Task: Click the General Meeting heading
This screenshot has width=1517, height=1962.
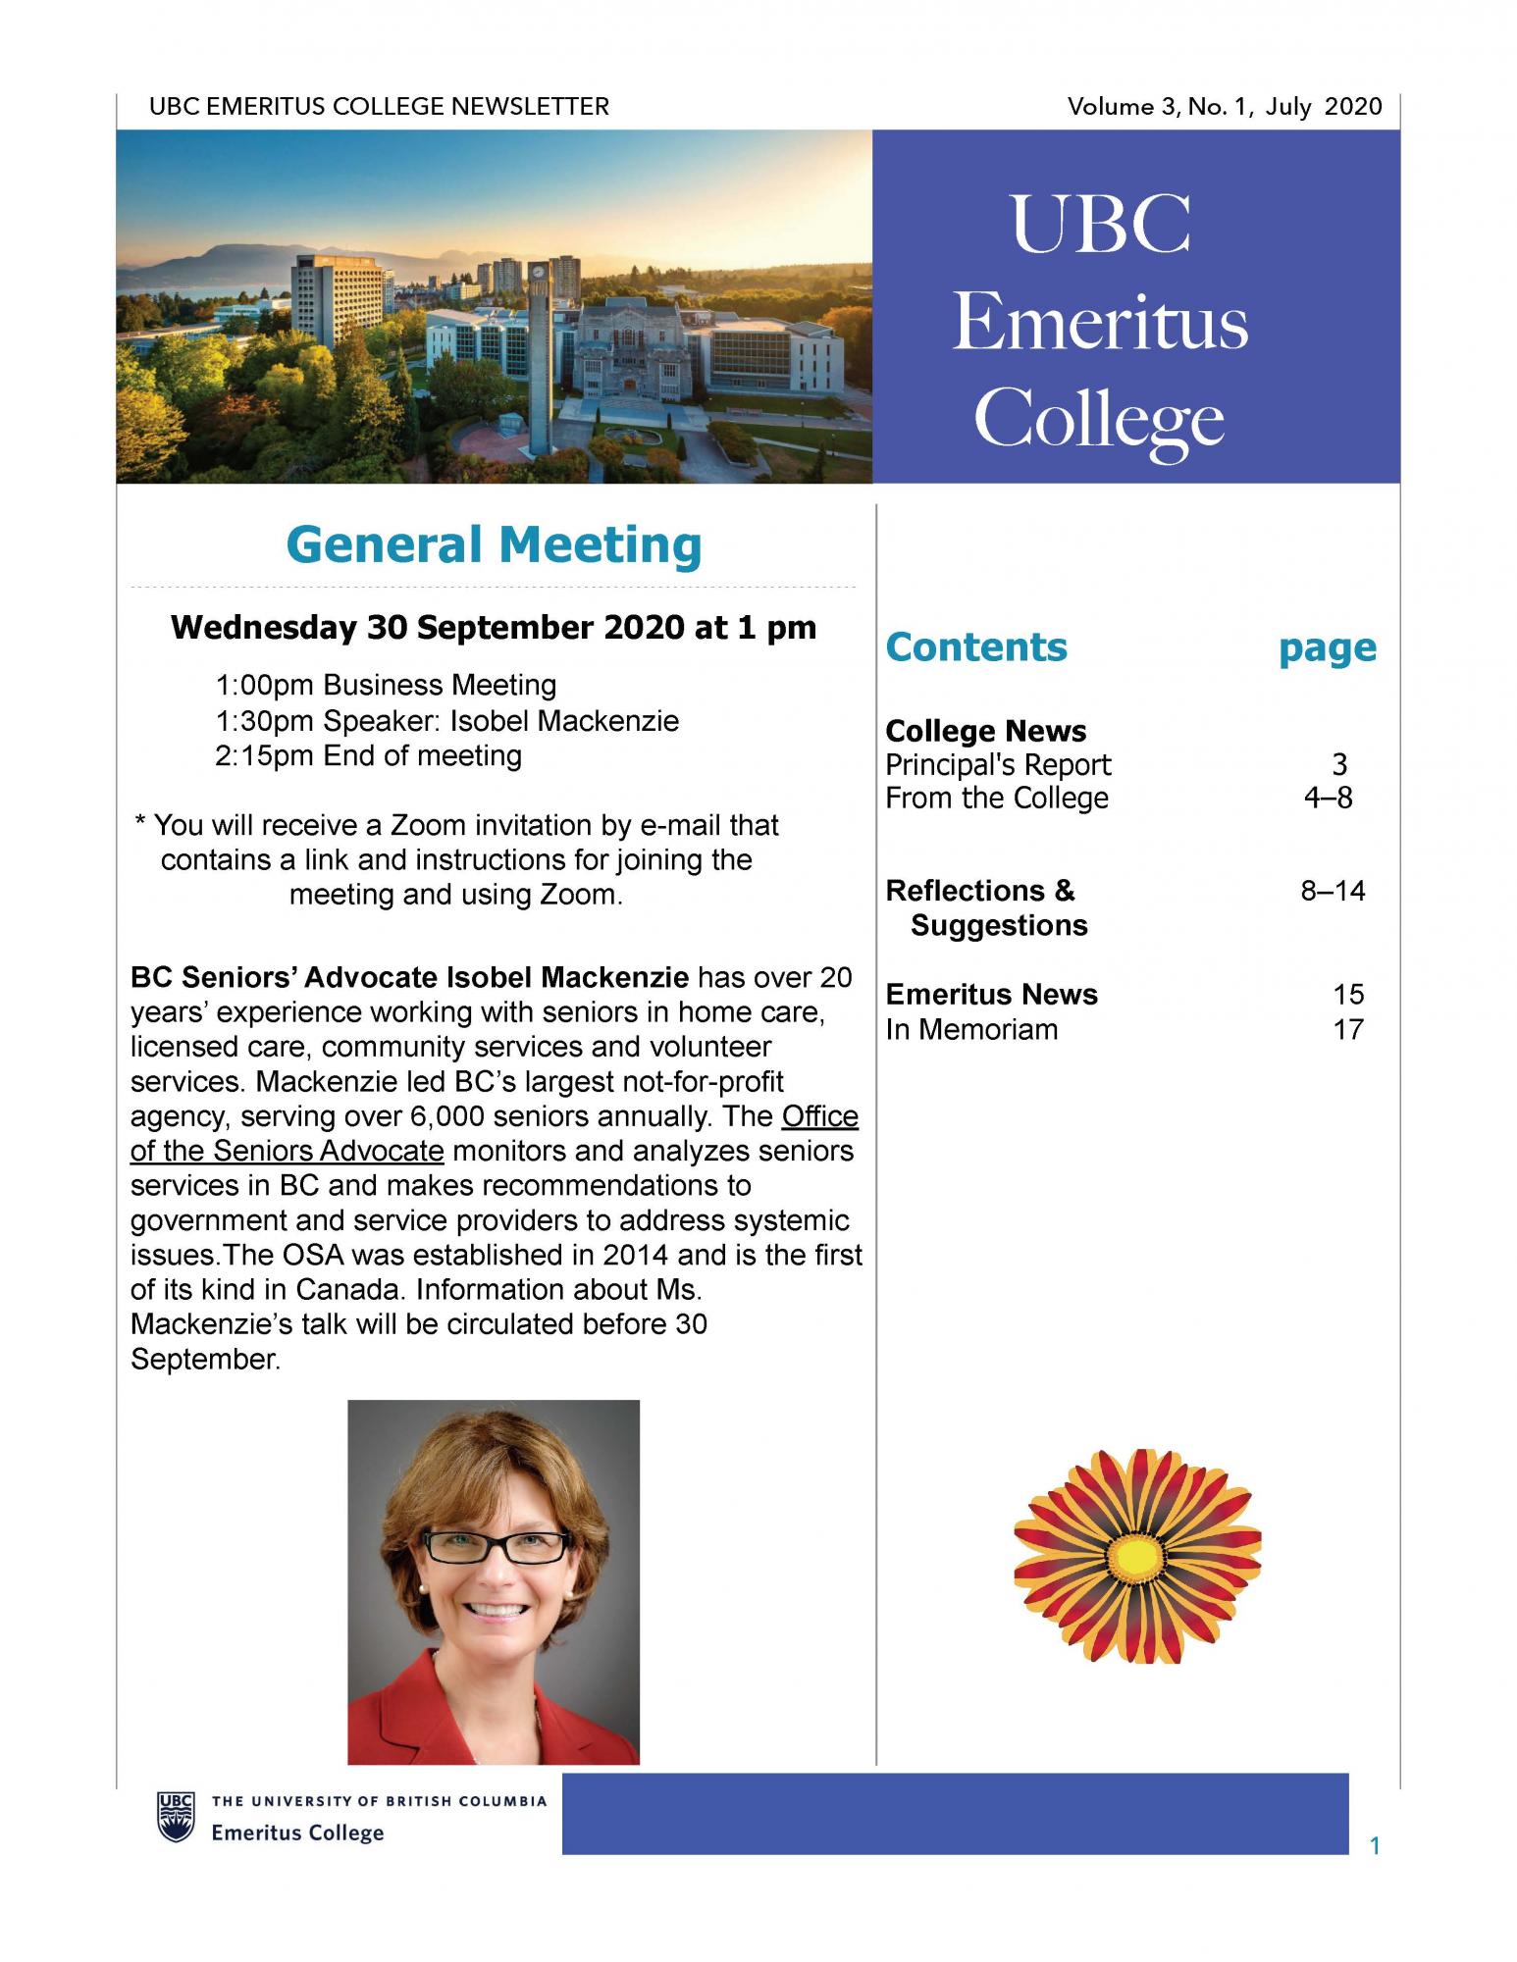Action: tap(494, 545)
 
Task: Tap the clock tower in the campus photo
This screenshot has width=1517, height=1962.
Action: tap(537, 353)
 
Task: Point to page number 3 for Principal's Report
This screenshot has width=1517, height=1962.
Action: tap(1339, 764)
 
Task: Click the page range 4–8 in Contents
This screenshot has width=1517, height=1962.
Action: tap(1328, 798)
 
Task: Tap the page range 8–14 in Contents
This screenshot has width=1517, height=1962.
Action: tap(1333, 891)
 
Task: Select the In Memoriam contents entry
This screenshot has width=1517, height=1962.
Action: tap(971, 1029)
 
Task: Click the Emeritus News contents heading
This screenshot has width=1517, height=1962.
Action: tap(991, 994)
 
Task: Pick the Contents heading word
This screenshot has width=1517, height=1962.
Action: tap(975, 647)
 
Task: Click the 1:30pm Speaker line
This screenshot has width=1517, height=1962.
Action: tap(446, 721)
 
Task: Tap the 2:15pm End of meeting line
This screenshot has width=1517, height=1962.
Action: tap(368, 755)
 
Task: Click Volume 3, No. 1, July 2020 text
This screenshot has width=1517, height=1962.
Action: tap(1224, 106)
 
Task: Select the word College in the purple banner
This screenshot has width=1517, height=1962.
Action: tap(1099, 420)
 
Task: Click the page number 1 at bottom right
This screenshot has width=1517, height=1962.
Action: tap(1375, 1846)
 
